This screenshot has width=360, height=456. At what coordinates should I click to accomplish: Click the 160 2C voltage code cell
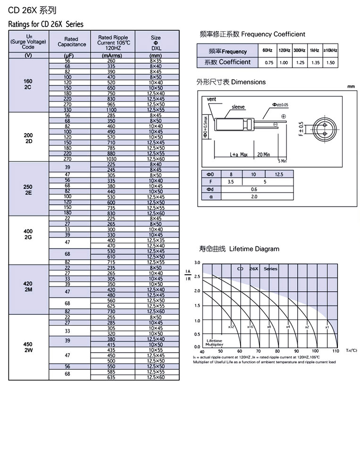click(28, 84)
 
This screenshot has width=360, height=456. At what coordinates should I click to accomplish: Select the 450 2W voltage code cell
click(28, 347)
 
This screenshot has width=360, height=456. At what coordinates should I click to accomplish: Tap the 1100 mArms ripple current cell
click(111, 110)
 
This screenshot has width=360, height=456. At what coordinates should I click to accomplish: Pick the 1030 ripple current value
click(111, 159)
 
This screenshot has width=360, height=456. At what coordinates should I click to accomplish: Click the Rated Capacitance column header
click(72, 42)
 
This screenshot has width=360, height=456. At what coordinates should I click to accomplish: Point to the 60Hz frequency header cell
click(268, 51)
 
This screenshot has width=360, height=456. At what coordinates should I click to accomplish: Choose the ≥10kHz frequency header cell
click(331, 51)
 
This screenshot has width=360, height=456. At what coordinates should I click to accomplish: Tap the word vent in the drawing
click(211, 100)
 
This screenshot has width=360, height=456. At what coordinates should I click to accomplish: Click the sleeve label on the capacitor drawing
click(238, 107)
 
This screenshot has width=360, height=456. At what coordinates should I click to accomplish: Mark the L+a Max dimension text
click(239, 154)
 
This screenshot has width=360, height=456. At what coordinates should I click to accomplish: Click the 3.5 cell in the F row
click(231, 181)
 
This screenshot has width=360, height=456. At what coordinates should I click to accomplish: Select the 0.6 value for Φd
click(254, 189)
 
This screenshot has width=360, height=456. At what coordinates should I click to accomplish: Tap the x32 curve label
click(231, 327)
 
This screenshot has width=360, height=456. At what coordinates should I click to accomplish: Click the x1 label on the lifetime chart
click(327, 327)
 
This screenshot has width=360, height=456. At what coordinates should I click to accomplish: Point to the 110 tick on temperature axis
click(335, 351)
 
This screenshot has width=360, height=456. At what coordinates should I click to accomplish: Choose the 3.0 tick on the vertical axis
click(197, 262)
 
